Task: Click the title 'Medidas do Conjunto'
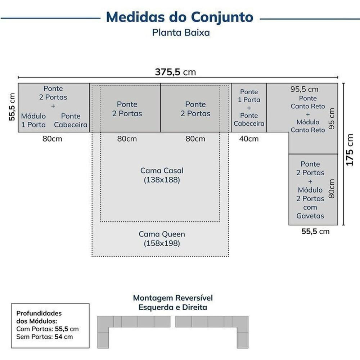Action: tap(180, 17)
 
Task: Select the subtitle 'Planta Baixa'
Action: tap(181, 33)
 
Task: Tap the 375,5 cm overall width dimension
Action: tap(176, 72)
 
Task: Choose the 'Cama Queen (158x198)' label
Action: tap(162, 239)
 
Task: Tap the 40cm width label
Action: tap(249, 139)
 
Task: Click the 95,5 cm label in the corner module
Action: tap(304, 89)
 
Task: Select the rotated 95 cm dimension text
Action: tap(332, 118)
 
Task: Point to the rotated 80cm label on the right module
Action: tap(332, 188)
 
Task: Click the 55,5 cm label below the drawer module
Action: tap(315, 231)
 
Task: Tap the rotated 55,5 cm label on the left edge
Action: tap(12, 107)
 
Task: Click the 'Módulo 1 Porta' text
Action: tap(33, 120)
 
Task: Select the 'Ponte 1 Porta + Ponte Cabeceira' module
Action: tap(249, 108)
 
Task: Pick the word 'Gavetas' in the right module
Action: tap(310, 216)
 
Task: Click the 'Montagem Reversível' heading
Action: tap(173, 298)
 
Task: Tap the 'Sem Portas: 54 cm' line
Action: tap(45, 337)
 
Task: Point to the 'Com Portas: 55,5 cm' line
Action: tap(48, 329)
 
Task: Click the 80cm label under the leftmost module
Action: tap(52, 139)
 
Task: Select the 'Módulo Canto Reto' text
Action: tap(308, 126)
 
